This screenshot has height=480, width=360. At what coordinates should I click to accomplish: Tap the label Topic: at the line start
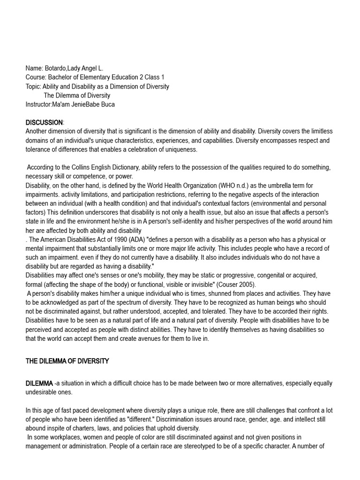tap(33, 86)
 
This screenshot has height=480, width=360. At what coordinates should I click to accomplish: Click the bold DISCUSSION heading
tap(44, 122)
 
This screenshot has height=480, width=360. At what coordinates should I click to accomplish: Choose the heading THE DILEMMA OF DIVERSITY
tap(67, 361)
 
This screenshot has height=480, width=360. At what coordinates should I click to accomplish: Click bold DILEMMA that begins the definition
tap(39, 383)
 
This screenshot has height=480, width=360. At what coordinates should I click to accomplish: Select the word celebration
tap(151, 150)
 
